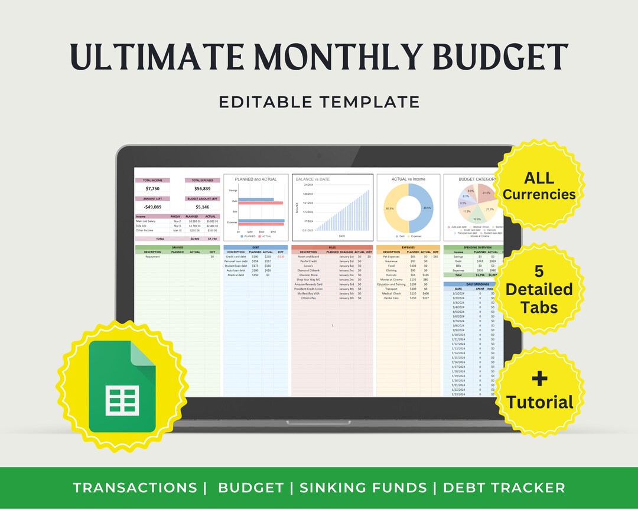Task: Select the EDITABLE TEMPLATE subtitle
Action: (x=319, y=102)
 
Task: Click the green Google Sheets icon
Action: (x=122, y=386)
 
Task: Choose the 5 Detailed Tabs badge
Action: (x=539, y=289)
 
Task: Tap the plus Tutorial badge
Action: (x=539, y=391)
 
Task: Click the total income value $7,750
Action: (x=152, y=189)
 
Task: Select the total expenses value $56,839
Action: (x=202, y=189)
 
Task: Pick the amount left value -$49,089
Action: (x=152, y=207)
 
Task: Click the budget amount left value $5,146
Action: (x=202, y=207)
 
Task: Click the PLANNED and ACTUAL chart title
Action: (x=255, y=179)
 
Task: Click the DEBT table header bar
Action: (x=256, y=247)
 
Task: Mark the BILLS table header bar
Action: (x=332, y=247)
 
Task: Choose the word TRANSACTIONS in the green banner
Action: (x=135, y=488)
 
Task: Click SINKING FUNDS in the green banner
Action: (x=363, y=488)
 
